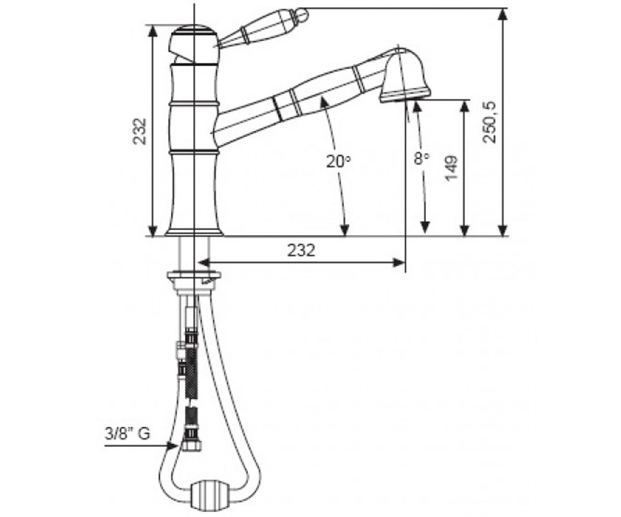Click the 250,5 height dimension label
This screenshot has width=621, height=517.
coord(490,122)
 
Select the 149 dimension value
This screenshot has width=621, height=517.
coord(451,168)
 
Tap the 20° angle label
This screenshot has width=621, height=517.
coord(338,161)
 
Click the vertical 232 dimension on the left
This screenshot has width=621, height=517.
coord(140,131)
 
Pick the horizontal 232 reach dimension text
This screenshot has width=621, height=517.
coord(301,250)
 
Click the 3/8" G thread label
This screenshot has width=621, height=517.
coord(128,434)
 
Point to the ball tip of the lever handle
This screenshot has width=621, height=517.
coord(302,14)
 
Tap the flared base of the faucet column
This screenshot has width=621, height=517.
coord(194,233)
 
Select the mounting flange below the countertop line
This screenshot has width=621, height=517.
coord(194,276)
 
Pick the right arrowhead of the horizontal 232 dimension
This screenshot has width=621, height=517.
coord(400,263)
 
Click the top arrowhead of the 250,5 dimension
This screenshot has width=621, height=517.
coord(502,14)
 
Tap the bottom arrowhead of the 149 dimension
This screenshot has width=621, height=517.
coord(464,230)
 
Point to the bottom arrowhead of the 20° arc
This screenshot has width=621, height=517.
coord(345,230)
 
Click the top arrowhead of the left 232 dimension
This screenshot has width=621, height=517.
coord(153,31)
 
